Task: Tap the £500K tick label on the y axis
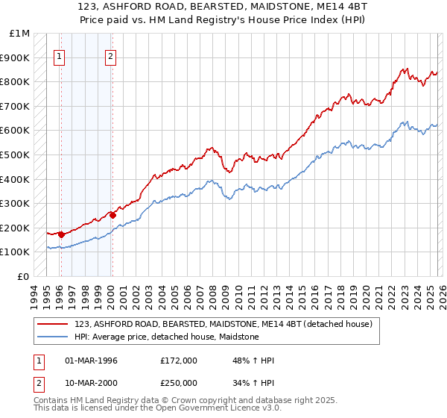click(16, 155)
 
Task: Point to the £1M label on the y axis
click(20, 34)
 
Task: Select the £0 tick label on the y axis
click(24, 276)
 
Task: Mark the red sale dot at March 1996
click(61, 234)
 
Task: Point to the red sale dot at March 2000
click(112, 215)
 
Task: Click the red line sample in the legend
click(54, 324)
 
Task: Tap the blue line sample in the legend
click(54, 337)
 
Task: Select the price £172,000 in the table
click(178, 361)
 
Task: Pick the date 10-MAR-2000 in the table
click(90, 384)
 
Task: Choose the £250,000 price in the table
click(178, 384)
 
